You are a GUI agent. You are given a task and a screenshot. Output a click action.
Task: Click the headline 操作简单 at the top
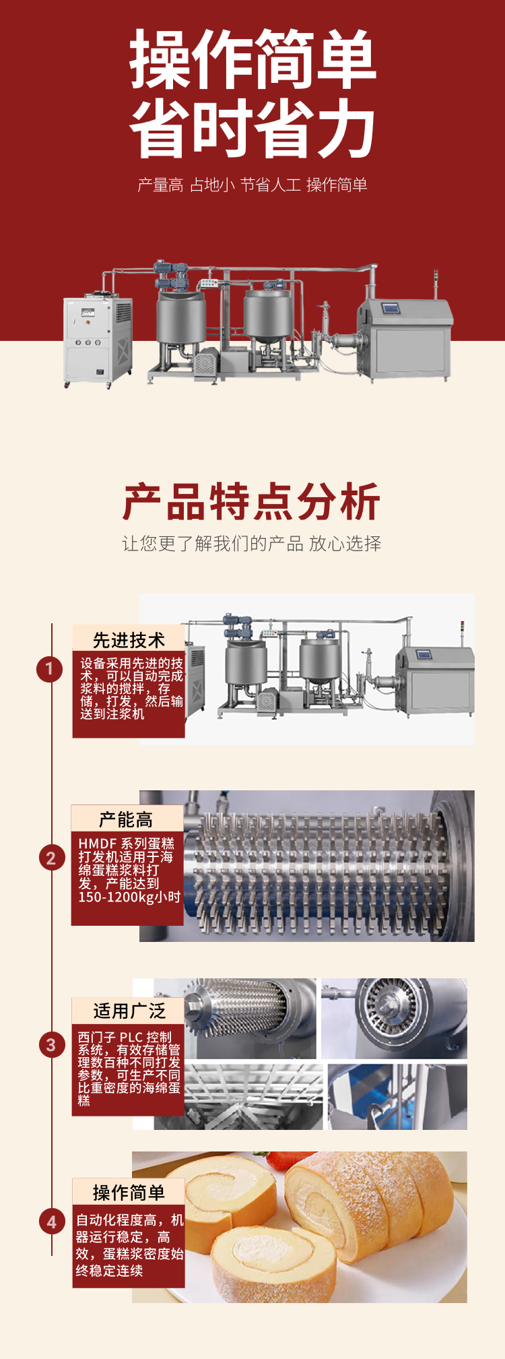point(252,59)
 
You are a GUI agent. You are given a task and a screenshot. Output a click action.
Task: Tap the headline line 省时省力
point(252,128)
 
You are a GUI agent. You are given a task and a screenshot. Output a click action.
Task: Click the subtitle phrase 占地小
point(212,185)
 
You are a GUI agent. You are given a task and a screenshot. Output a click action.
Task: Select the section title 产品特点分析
point(252,501)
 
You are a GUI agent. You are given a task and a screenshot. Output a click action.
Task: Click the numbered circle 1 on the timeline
point(49,669)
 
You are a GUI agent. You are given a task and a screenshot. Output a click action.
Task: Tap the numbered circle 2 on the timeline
point(51,858)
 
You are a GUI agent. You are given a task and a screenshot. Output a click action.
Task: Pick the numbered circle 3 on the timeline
point(51,1045)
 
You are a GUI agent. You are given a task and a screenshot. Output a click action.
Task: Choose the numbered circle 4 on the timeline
point(52,1222)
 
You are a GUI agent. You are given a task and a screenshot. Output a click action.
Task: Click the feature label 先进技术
point(129,639)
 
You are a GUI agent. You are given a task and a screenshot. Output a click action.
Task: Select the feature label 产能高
point(126,819)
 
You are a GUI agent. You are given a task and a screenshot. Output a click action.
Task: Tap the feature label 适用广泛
point(129,1011)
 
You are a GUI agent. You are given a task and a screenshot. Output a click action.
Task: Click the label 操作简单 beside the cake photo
point(129,1193)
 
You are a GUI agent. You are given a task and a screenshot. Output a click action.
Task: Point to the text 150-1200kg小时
point(129,897)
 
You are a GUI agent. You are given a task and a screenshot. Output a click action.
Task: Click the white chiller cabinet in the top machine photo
point(98,341)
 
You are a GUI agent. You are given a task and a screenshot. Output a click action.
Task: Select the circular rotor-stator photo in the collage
point(394,1018)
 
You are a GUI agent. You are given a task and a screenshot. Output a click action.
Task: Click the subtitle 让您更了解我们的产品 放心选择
point(252,544)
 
